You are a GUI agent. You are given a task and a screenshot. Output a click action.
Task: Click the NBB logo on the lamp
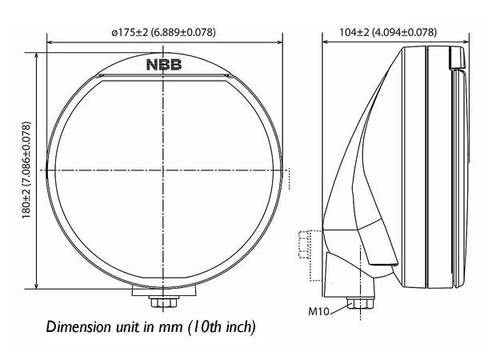(x=164, y=65)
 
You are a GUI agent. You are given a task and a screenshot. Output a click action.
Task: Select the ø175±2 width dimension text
(x=165, y=32)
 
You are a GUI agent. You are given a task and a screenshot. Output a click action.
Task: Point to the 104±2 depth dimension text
(x=387, y=32)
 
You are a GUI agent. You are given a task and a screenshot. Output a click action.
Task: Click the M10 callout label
(x=319, y=310)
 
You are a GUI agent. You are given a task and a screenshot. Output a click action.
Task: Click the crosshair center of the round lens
(x=164, y=170)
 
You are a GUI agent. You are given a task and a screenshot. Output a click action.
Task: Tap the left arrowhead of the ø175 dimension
(x=50, y=40)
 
